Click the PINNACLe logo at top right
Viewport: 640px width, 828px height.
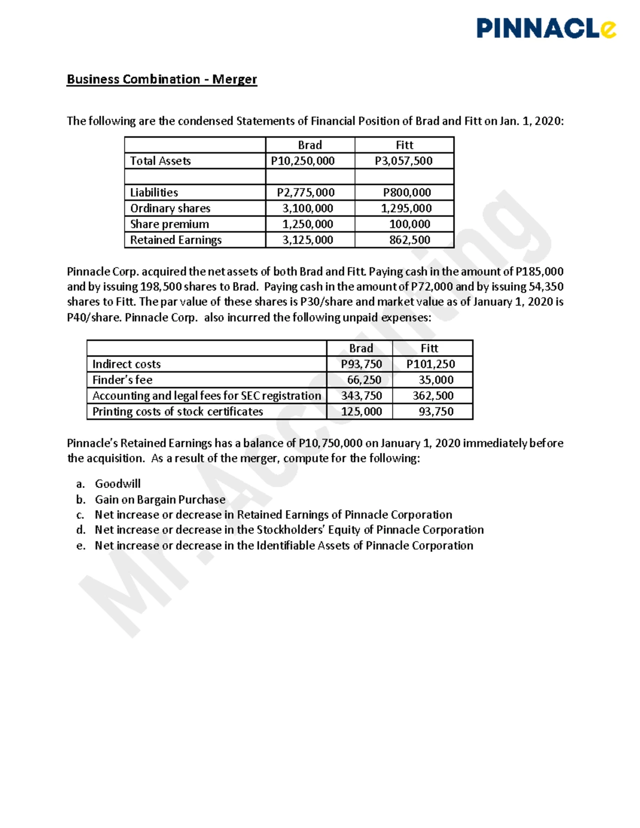click(x=546, y=28)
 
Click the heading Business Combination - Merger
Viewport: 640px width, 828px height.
click(x=162, y=79)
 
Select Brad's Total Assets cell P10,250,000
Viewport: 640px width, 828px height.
click(x=302, y=161)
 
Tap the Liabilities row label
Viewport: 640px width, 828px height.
click(x=154, y=192)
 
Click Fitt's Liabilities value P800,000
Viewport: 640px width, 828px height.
click(x=407, y=192)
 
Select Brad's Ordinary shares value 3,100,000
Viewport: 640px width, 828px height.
click(x=307, y=208)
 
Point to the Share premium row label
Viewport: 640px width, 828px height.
click(x=170, y=224)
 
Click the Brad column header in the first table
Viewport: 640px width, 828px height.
click(x=310, y=145)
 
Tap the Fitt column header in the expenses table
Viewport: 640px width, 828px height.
click(x=429, y=348)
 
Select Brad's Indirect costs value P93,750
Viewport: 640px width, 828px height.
click(x=361, y=364)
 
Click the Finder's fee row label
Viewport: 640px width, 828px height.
click(x=122, y=380)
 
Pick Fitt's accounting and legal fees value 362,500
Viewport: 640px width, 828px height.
click(x=433, y=396)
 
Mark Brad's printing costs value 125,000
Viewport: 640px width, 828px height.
click(x=361, y=412)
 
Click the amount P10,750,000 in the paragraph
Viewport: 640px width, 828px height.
click(x=331, y=443)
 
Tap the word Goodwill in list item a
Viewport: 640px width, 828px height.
click(x=118, y=484)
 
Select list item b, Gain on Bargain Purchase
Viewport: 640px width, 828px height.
click(x=160, y=500)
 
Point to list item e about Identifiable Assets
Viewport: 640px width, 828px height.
click(x=284, y=545)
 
